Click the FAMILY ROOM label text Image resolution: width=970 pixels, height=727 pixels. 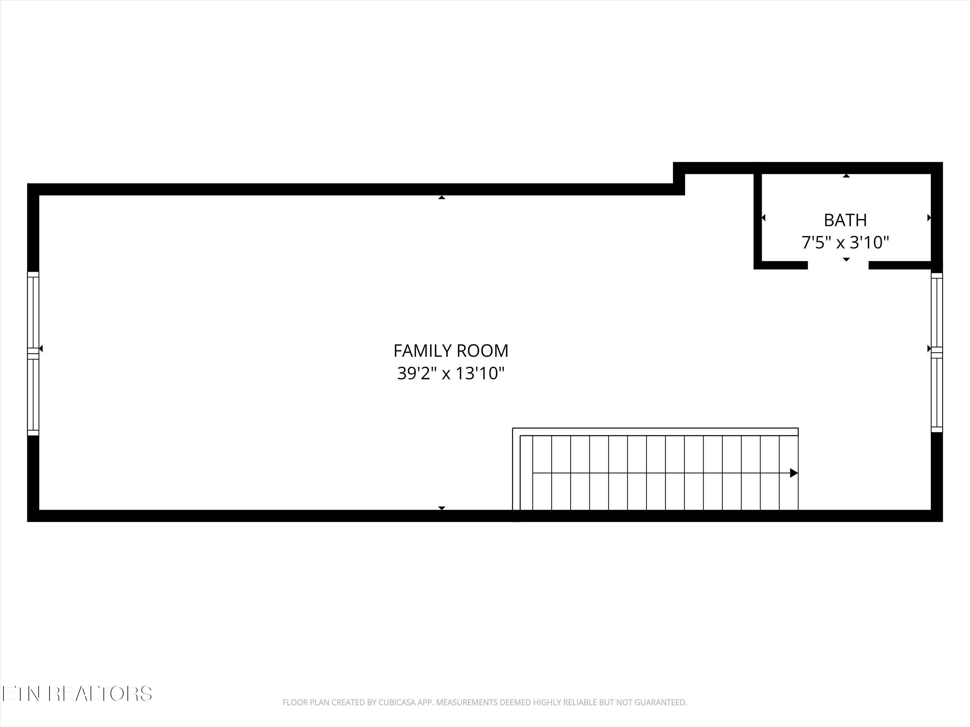click(x=451, y=351)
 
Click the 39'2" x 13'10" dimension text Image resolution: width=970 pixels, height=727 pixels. click(x=451, y=374)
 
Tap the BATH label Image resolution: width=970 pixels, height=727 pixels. click(x=845, y=220)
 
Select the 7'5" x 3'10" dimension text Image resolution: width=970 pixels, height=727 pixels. click(x=845, y=242)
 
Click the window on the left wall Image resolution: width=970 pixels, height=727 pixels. click(x=33, y=353)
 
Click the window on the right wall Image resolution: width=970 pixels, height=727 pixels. click(x=936, y=352)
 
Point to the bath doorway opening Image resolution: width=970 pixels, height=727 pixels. click(x=838, y=265)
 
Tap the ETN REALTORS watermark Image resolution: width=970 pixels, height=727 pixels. click(x=77, y=694)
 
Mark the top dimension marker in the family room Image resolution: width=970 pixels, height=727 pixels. click(x=442, y=198)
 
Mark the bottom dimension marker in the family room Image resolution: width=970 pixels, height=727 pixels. click(x=442, y=508)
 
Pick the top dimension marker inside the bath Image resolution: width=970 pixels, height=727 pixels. click(x=846, y=176)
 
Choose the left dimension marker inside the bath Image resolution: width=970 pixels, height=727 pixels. click(x=763, y=217)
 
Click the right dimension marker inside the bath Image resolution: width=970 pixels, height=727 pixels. click(x=929, y=217)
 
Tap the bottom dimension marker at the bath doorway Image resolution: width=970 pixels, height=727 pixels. click(x=846, y=259)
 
